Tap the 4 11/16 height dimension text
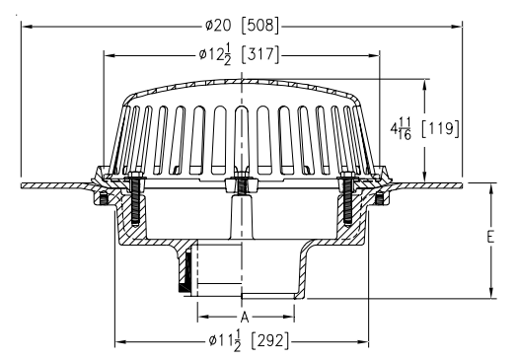[402, 127]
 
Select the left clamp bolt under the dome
[133, 202]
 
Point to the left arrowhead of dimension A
[200, 317]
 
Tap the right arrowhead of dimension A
[291, 317]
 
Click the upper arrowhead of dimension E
[490, 186]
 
